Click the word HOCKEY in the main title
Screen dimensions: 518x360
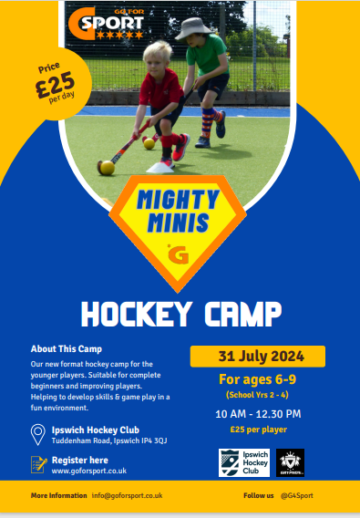coord(145,314)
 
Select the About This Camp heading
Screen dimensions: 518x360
coord(66,348)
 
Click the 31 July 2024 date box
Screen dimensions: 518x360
coord(257,356)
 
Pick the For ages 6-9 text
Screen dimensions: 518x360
coord(257,378)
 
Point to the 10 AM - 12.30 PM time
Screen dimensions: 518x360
coord(257,414)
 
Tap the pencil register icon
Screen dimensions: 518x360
coord(37,464)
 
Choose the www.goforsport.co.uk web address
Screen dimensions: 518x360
coord(89,471)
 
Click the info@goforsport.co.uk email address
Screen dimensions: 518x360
coord(127,495)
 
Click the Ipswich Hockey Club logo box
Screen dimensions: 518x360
coord(243,462)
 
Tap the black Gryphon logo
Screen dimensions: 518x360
coord(290,462)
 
